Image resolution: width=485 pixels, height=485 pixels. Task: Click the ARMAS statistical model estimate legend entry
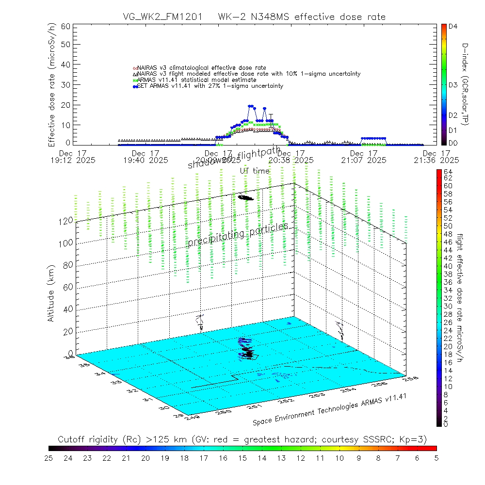pyautogui.click(x=196, y=80)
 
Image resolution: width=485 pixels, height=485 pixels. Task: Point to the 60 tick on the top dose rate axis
pyautogui.click(x=65, y=26)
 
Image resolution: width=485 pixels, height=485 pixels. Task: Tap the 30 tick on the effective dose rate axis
pyautogui.click(x=65, y=84)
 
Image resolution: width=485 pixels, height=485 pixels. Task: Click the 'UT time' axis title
pyautogui.click(x=254, y=171)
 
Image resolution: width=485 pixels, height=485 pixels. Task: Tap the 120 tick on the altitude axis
pyautogui.click(x=66, y=220)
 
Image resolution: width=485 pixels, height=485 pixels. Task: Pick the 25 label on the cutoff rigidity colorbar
pyautogui.click(x=49, y=457)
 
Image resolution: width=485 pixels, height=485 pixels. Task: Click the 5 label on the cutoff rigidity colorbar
pyautogui.click(x=436, y=457)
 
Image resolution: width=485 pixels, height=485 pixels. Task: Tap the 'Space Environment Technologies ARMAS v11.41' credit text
pyautogui.click(x=329, y=410)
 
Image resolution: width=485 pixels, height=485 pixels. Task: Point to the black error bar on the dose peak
pyautogui.click(x=271, y=121)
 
